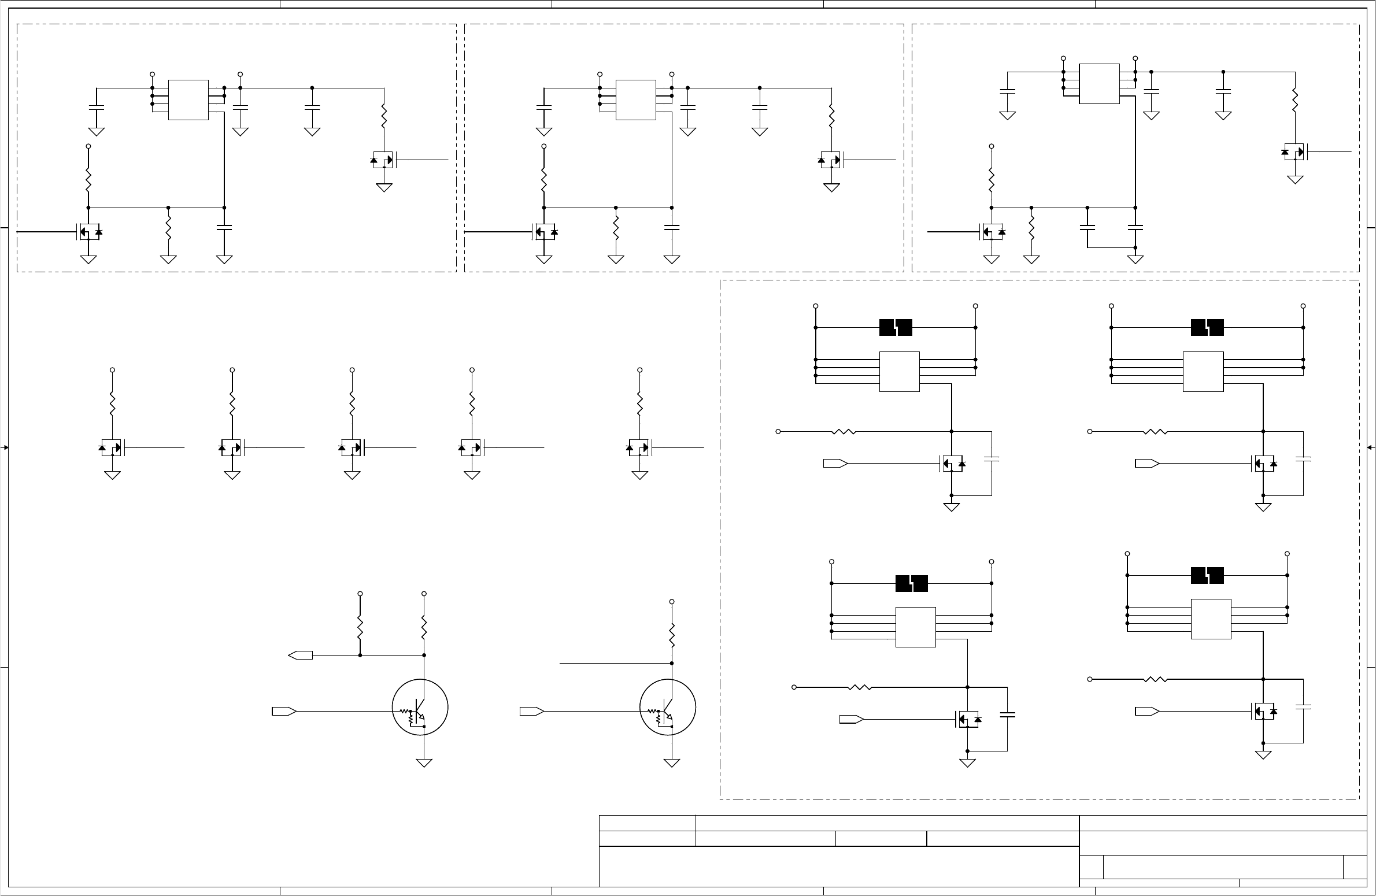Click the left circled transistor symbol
click(x=420, y=707)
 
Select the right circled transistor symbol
click(x=668, y=707)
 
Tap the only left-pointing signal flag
click(x=300, y=655)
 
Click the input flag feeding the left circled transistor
click(x=284, y=711)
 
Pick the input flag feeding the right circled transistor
click(x=531, y=711)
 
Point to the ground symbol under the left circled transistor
click(x=424, y=762)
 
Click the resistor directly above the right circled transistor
click(x=672, y=635)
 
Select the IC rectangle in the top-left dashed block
click(x=188, y=100)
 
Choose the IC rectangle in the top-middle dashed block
click(x=636, y=100)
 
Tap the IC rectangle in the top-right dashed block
click(x=1099, y=84)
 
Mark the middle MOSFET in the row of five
click(x=352, y=447)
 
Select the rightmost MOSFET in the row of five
click(x=639, y=447)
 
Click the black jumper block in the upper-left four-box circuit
click(x=896, y=328)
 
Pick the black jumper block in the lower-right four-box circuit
click(x=1207, y=575)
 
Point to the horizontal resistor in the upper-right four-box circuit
click(x=1156, y=431)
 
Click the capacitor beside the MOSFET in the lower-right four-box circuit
click(x=1303, y=706)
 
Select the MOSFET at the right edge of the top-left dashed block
click(x=383, y=160)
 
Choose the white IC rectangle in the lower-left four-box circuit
click(x=916, y=627)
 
